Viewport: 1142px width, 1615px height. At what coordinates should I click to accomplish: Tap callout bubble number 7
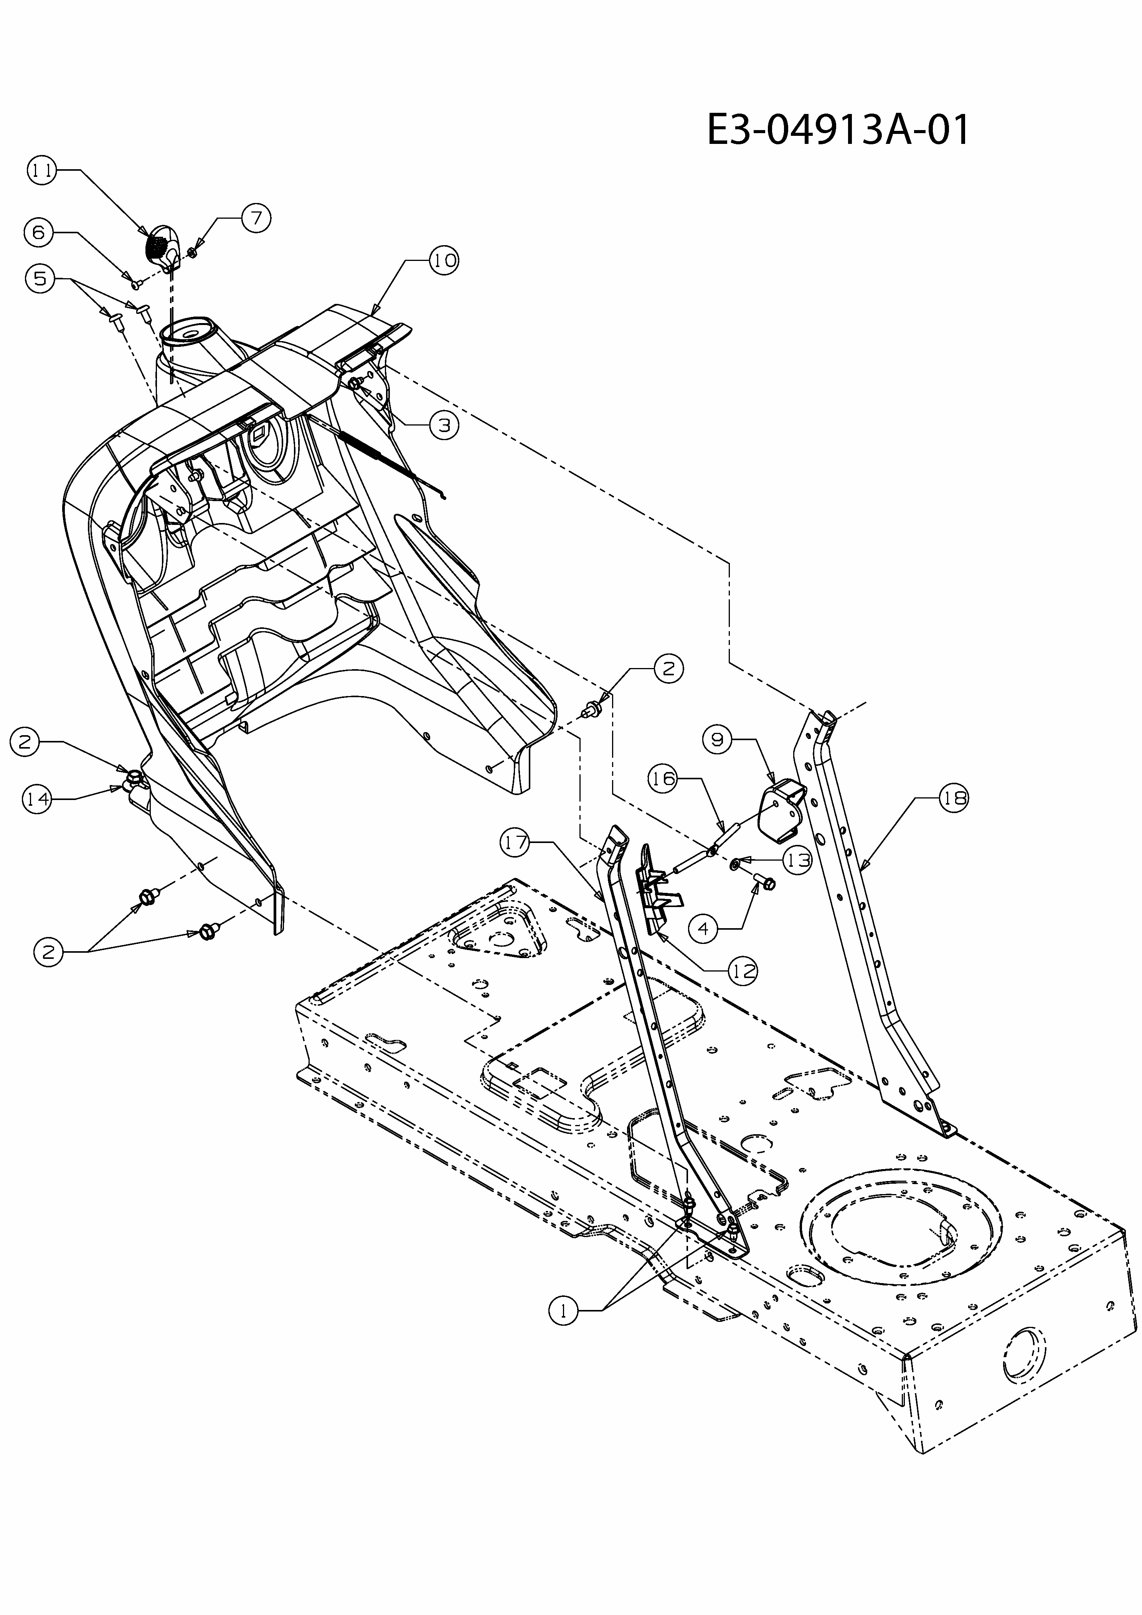[x=256, y=218]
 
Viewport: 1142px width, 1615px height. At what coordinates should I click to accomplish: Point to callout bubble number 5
[x=40, y=279]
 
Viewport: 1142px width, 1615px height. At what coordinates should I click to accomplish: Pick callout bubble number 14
[x=37, y=799]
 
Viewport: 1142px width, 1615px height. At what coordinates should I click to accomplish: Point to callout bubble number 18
[x=954, y=798]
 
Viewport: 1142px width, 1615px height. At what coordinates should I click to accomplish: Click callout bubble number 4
[x=704, y=929]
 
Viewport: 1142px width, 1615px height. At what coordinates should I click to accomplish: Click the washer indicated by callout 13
[x=735, y=862]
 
